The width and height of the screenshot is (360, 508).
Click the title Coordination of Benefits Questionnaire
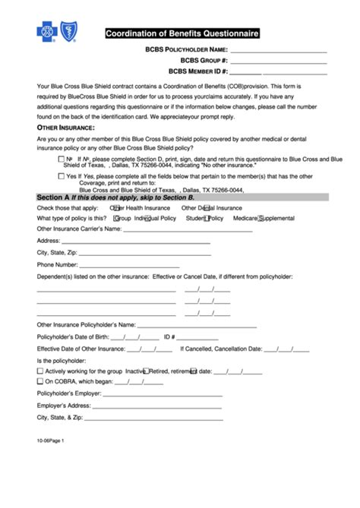(182, 34)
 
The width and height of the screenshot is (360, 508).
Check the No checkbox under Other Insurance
(60, 160)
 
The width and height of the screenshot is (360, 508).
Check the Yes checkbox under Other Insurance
(60, 176)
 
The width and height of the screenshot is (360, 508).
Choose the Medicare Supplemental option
(260, 218)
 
